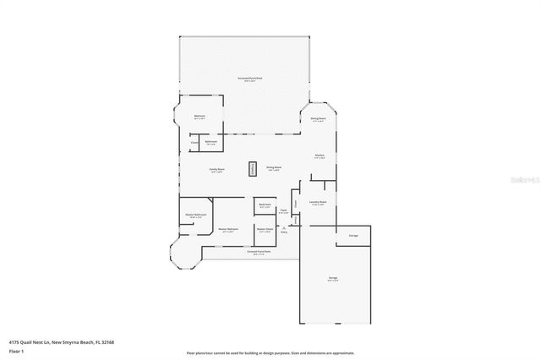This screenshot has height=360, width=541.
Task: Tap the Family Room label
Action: [x=216, y=169]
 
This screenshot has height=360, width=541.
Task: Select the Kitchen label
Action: [x=321, y=156]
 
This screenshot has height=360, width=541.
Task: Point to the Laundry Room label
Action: [x=318, y=203]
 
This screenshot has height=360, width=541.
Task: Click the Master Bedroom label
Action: [x=228, y=229]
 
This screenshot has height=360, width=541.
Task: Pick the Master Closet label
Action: [x=265, y=229]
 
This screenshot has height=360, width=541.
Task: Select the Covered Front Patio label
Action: [x=259, y=252]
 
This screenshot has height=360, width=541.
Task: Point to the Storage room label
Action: [x=353, y=235]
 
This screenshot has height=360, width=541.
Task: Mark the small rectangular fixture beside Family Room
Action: [x=251, y=168]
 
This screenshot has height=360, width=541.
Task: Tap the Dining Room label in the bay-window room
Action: [x=318, y=119]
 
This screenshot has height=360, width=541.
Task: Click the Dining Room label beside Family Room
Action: [x=274, y=169]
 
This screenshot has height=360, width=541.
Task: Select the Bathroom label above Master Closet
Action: [x=265, y=205]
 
